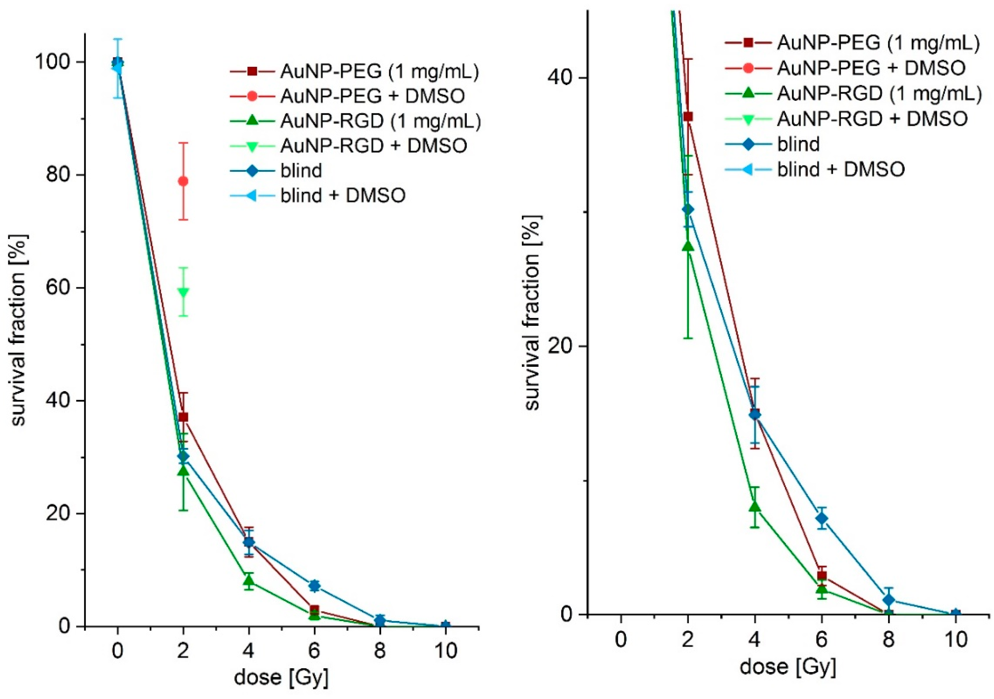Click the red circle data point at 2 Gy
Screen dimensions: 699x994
[x=183, y=181]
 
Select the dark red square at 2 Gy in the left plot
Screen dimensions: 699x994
[x=183, y=417]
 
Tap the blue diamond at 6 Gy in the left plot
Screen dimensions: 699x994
[x=314, y=586]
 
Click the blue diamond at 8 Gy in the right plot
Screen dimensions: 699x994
[x=889, y=600]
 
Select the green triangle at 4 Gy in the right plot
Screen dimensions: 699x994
[x=755, y=507]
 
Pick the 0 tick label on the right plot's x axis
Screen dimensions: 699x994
[x=621, y=639]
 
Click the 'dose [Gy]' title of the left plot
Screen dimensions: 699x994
[x=281, y=677]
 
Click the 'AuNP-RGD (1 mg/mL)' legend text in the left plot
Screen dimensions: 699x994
[x=380, y=121]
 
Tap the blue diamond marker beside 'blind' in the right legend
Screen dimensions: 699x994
[x=748, y=144]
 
